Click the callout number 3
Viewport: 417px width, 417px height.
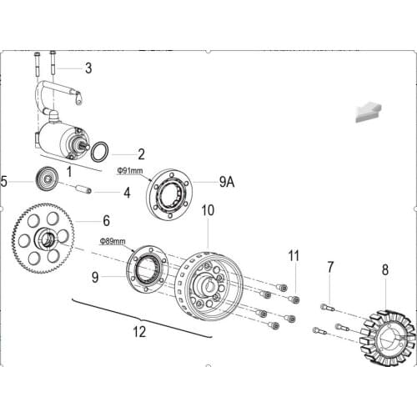[88, 68]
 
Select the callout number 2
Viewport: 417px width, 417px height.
[141, 154]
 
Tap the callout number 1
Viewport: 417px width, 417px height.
[69, 170]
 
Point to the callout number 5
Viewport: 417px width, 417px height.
[5, 180]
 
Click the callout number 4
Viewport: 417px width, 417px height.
[127, 193]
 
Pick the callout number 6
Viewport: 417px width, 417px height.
[106, 221]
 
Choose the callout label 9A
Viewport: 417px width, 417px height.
[226, 180]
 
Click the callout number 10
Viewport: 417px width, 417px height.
[208, 210]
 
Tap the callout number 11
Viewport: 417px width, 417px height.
[293, 254]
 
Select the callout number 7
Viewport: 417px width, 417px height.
[330, 267]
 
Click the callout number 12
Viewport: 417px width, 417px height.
[139, 332]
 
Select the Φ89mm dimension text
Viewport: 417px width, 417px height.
[113, 241]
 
